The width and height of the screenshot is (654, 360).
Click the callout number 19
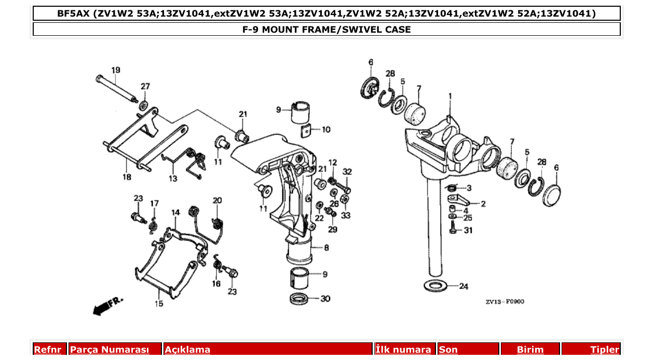coord(115,70)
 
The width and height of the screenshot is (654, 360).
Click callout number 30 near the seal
coord(325,299)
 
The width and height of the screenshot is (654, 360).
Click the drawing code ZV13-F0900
coord(505,301)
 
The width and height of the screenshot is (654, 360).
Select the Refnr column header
coord(48,350)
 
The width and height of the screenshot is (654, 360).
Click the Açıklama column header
coord(187,350)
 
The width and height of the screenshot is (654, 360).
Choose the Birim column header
coord(530,350)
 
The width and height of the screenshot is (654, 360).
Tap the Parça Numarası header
coord(109,350)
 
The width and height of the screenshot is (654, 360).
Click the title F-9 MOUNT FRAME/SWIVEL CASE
coord(326,30)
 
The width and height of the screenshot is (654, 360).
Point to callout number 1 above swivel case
coord(451,96)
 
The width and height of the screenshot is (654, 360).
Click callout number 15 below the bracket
coord(158,303)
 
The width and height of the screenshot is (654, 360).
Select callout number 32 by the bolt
coord(347,172)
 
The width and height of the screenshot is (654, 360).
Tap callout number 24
coord(464,286)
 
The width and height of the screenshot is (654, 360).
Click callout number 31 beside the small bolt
coord(468,230)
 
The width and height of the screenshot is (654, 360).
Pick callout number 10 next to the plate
coord(325,130)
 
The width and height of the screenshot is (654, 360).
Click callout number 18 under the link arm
coord(127,177)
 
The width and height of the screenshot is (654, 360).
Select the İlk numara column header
coord(403,350)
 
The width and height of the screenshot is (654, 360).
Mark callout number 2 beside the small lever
coord(483,204)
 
